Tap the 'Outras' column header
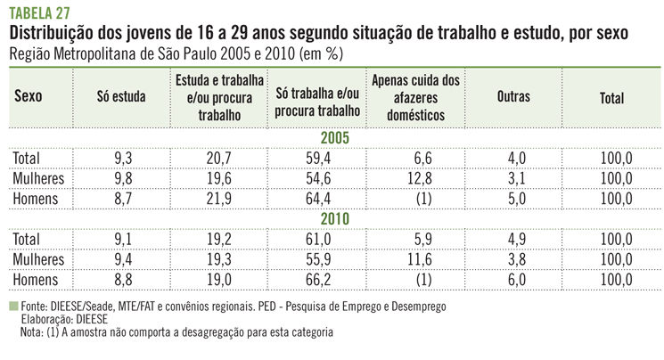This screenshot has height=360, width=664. (x=513, y=99)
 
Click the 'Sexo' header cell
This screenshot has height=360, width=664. (x=29, y=99)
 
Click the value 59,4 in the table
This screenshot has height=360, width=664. (x=317, y=159)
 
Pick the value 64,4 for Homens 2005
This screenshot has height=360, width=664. (x=317, y=198)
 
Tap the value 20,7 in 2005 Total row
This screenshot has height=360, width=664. (x=221, y=159)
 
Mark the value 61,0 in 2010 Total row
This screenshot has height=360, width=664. (x=317, y=239)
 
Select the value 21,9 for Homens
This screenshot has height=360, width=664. (x=221, y=198)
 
